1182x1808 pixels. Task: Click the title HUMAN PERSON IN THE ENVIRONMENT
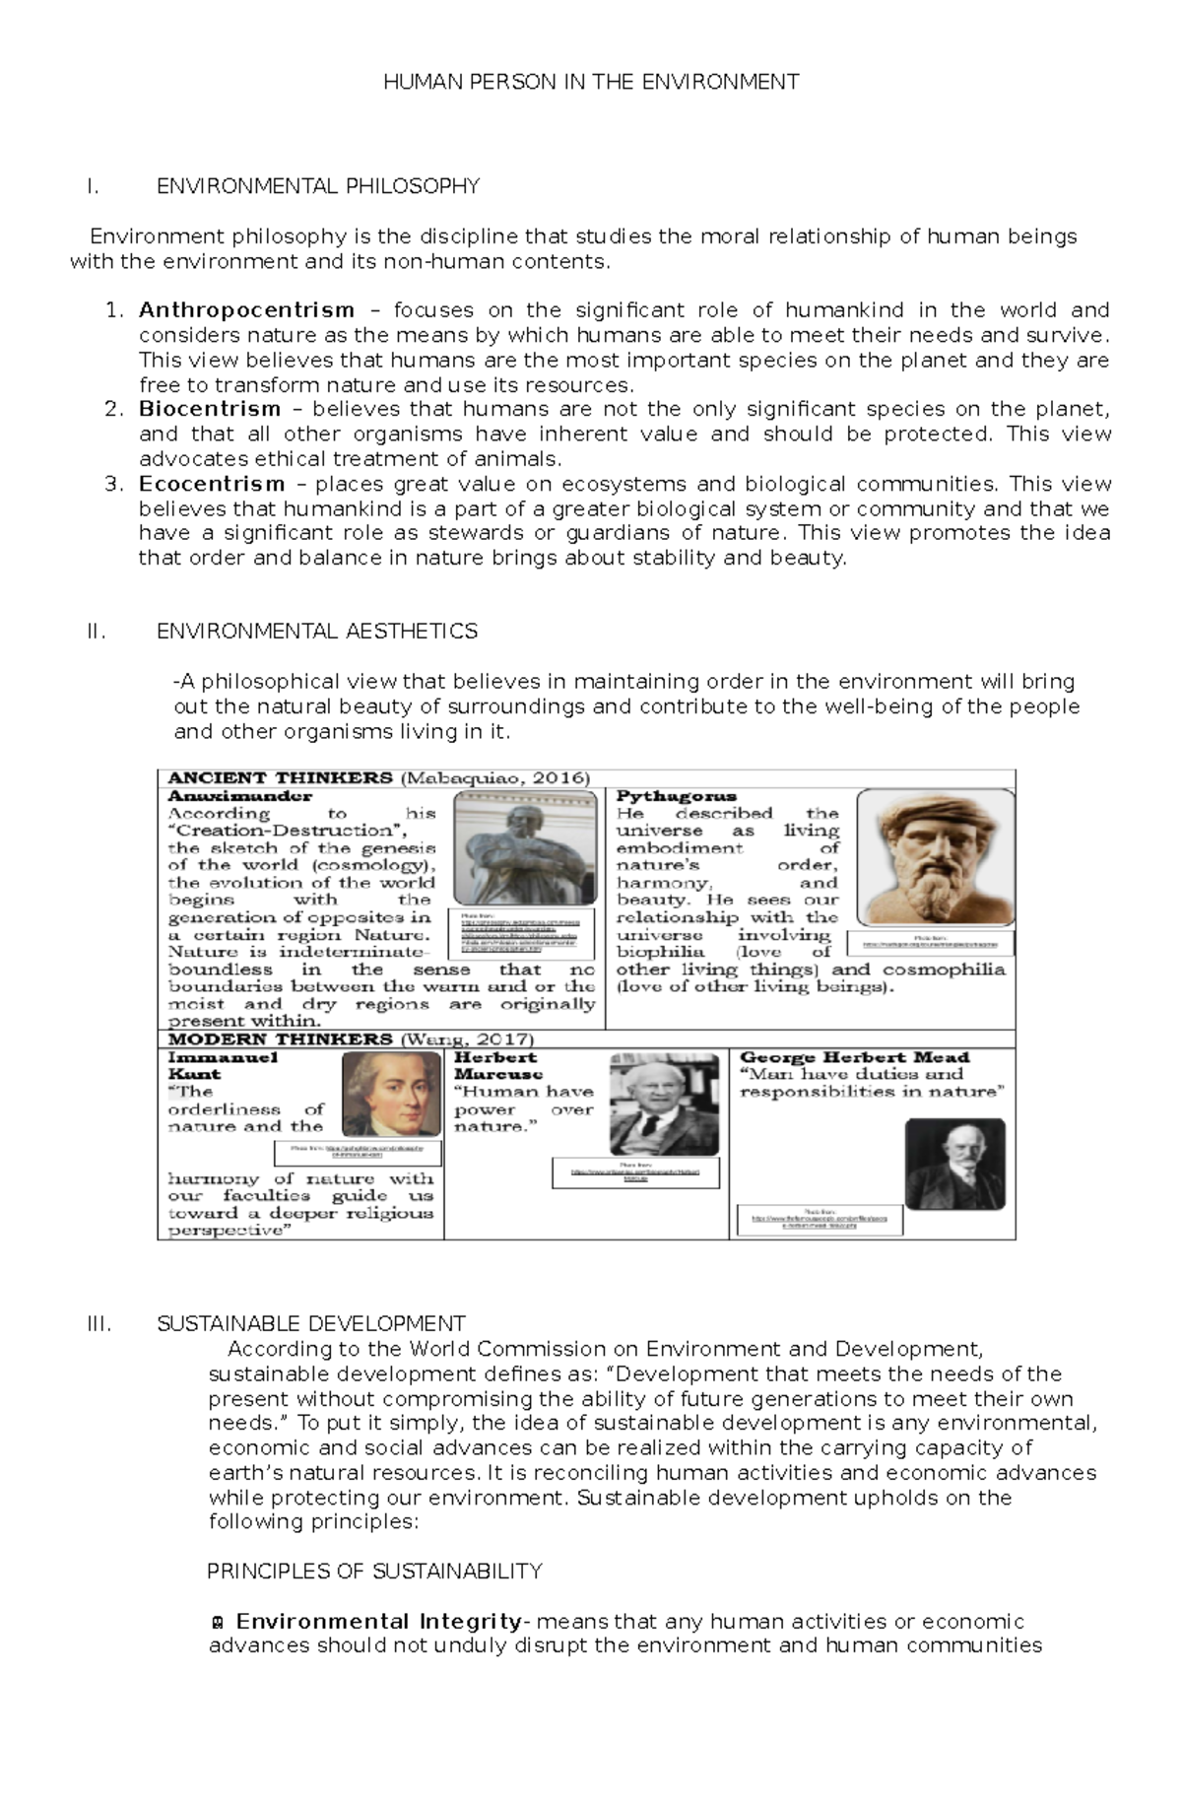[591, 83]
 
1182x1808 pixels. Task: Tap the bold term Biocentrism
[210, 410]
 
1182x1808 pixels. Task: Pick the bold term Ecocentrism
[212, 485]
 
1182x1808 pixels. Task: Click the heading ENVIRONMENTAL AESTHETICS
[317, 632]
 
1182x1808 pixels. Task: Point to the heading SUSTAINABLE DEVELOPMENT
[311, 1323]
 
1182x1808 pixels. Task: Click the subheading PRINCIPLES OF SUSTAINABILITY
[374, 1571]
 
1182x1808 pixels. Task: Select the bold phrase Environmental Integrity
[378, 1621]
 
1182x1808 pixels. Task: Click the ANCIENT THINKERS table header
[281, 778]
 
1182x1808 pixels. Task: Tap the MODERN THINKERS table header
[281, 1039]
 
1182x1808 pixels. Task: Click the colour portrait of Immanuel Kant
[391, 1094]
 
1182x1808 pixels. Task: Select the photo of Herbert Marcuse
[663, 1104]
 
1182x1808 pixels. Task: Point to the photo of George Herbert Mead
[954, 1164]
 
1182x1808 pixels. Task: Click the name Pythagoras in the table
[676, 796]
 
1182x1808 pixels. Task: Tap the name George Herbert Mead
[854, 1057]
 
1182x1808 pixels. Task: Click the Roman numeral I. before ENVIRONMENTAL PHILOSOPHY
[93, 187]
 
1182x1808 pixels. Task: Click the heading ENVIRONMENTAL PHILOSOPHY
[317, 187]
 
